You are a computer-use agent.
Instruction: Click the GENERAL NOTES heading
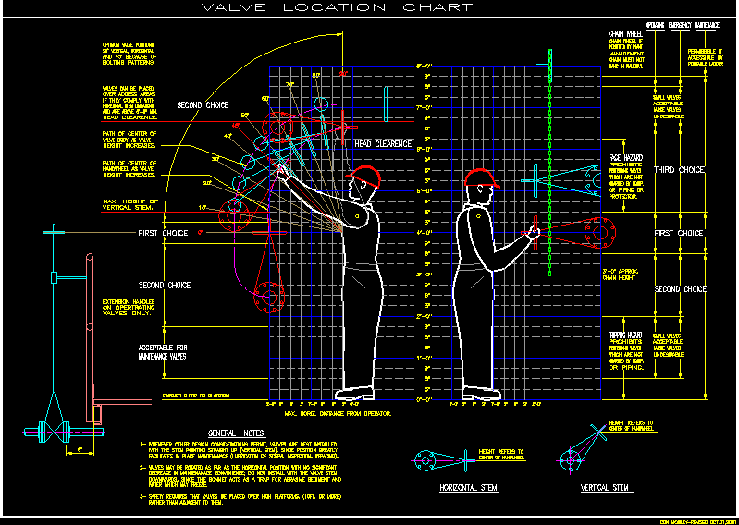(236, 433)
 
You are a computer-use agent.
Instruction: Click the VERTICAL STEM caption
(605, 487)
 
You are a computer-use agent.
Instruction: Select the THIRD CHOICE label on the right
(680, 170)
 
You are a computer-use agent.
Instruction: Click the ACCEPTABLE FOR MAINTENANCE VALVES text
(163, 351)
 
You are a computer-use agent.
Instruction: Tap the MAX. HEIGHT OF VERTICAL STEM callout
(129, 205)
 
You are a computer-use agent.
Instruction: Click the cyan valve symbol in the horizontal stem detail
(425, 459)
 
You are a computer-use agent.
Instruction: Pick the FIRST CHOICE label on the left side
(163, 234)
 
